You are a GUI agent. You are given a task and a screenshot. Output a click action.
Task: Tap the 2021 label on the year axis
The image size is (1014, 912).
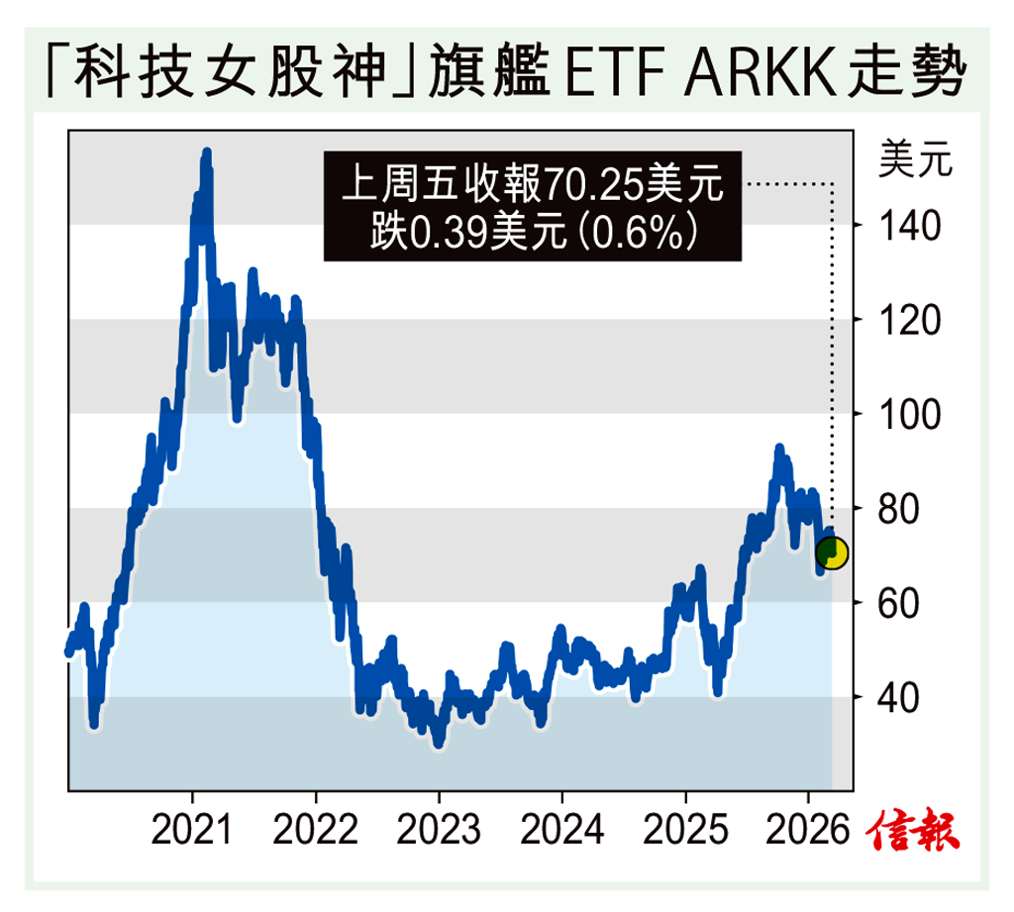(x=193, y=829)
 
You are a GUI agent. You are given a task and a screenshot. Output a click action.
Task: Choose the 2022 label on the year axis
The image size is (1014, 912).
(x=316, y=829)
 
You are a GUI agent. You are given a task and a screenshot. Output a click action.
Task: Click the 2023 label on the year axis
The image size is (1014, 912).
(x=439, y=829)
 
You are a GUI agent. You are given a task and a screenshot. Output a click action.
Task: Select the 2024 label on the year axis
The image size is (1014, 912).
(x=561, y=829)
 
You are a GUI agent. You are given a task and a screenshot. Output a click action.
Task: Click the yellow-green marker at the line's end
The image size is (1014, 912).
(x=831, y=553)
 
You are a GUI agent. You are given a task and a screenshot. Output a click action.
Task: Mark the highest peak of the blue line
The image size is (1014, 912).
(x=206, y=153)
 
